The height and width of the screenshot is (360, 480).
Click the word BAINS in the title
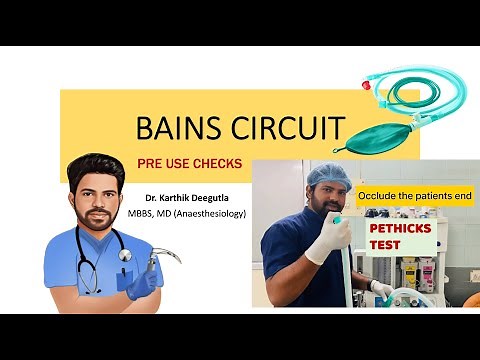coord(171,129)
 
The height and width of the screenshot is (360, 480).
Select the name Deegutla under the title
coord(224,198)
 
